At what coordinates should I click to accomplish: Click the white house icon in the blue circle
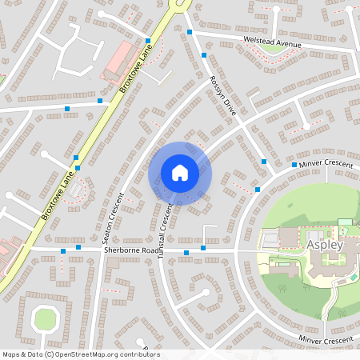pos(179,173)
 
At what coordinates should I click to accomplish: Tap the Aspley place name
pos(323,245)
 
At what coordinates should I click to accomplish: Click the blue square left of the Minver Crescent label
pos(294,165)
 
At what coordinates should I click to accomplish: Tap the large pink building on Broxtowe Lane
pos(118,61)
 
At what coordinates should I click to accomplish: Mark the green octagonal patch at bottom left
pos(46,319)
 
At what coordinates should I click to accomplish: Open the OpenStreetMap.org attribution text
pos(80,354)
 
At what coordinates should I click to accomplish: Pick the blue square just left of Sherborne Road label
pos(78,247)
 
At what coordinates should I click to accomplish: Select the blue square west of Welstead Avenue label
pos(190,32)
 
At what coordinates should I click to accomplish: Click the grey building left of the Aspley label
pos(288,237)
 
